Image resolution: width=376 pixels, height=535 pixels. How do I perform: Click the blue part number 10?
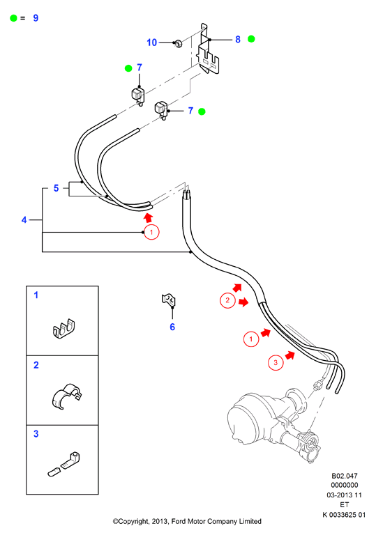[151, 42]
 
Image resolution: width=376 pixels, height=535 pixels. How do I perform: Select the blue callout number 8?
[238, 40]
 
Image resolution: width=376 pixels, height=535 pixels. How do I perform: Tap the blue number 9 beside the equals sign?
[36, 18]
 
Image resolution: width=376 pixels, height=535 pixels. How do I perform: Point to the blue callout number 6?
[172, 327]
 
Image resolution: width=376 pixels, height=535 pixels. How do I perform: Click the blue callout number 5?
[56, 188]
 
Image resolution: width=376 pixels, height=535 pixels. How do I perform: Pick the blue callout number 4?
[24, 219]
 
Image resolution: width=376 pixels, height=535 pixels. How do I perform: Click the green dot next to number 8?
[251, 39]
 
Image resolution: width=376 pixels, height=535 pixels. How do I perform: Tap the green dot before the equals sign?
[13, 18]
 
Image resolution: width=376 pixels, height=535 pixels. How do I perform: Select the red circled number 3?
[276, 362]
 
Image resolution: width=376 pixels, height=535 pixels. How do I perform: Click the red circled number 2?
[227, 301]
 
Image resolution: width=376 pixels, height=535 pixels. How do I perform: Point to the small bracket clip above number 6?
[169, 300]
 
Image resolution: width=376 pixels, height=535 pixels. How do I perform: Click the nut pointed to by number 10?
[178, 44]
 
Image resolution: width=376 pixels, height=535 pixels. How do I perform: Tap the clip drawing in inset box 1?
[64, 329]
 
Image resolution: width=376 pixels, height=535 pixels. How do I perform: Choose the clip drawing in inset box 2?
[67, 396]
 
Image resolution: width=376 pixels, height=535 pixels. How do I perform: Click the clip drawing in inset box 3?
[64, 464]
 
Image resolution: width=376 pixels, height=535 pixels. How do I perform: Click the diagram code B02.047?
[344, 476]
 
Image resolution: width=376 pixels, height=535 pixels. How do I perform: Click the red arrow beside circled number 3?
[290, 355]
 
